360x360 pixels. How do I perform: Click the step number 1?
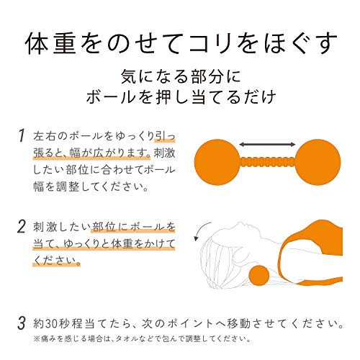click(x=22, y=135)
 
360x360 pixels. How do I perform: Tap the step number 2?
click(x=22, y=227)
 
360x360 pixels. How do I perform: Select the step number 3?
click(x=22, y=323)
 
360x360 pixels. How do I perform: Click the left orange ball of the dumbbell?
click(x=217, y=162)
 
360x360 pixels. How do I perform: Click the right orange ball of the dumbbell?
click(x=318, y=162)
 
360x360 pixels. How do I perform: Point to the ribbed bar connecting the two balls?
click(x=267, y=162)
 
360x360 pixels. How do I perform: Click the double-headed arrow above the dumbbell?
click(x=267, y=144)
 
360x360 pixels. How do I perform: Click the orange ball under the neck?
click(x=259, y=275)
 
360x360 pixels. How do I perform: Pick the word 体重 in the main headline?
click(x=51, y=44)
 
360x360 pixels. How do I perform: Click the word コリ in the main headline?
click(x=210, y=44)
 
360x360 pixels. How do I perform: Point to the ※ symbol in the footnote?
click(x=37, y=339)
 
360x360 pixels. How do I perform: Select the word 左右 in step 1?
click(x=45, y=136)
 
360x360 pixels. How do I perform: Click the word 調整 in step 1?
click(x=68, y=186)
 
